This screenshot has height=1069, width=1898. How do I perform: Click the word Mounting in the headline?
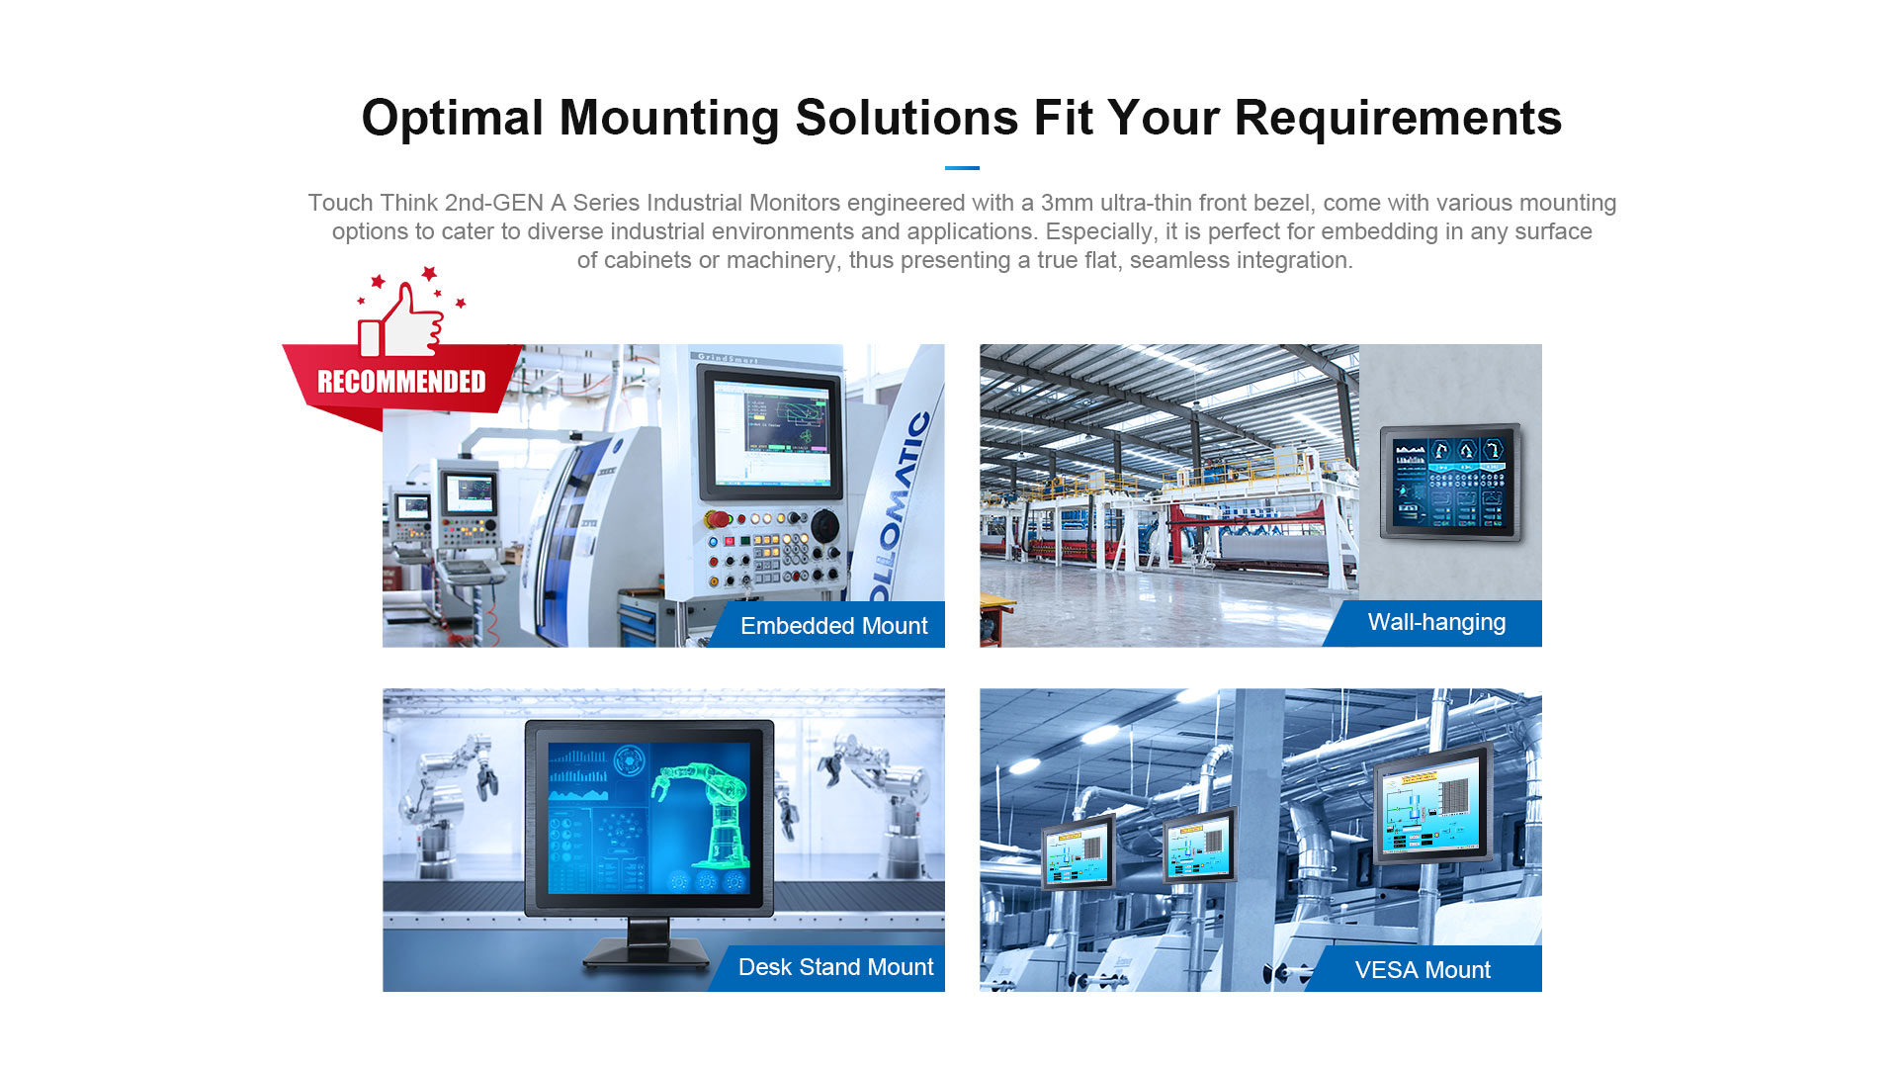point(669,119)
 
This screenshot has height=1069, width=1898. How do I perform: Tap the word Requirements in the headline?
point(1398,119)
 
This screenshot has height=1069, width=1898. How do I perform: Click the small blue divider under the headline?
point(962,168)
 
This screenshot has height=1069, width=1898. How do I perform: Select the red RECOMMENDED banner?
point(401,382)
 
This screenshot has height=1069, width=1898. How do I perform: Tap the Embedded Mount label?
point(833,626)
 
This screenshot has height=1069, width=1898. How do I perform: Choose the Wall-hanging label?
point(1436,622)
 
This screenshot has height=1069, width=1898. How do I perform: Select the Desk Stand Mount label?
point(835,967)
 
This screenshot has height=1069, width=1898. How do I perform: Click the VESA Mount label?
point(1423,970)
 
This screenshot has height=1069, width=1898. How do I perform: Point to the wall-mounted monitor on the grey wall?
point(1450,482)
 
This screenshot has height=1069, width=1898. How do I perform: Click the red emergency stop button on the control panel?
point(719,519)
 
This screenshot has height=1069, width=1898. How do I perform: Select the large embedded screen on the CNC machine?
point(770,431)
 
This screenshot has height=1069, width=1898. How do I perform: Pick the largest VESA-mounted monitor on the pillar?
point(1433,804)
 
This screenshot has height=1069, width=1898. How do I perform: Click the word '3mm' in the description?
point(1067,203)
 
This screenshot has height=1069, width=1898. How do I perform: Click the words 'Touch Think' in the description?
point(373,203)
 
